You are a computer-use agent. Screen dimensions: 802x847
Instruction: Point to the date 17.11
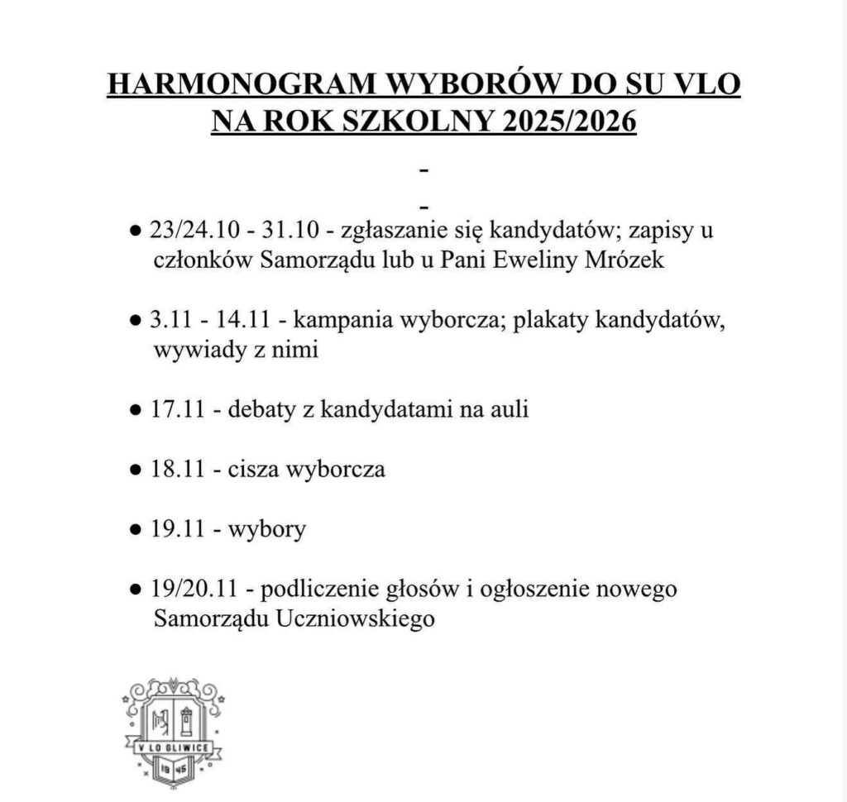[179, 409]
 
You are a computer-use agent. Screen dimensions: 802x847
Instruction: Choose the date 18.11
[179, 470]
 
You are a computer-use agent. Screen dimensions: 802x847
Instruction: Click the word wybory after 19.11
[270, 529]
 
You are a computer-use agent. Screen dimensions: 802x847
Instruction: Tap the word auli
[509, 409]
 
